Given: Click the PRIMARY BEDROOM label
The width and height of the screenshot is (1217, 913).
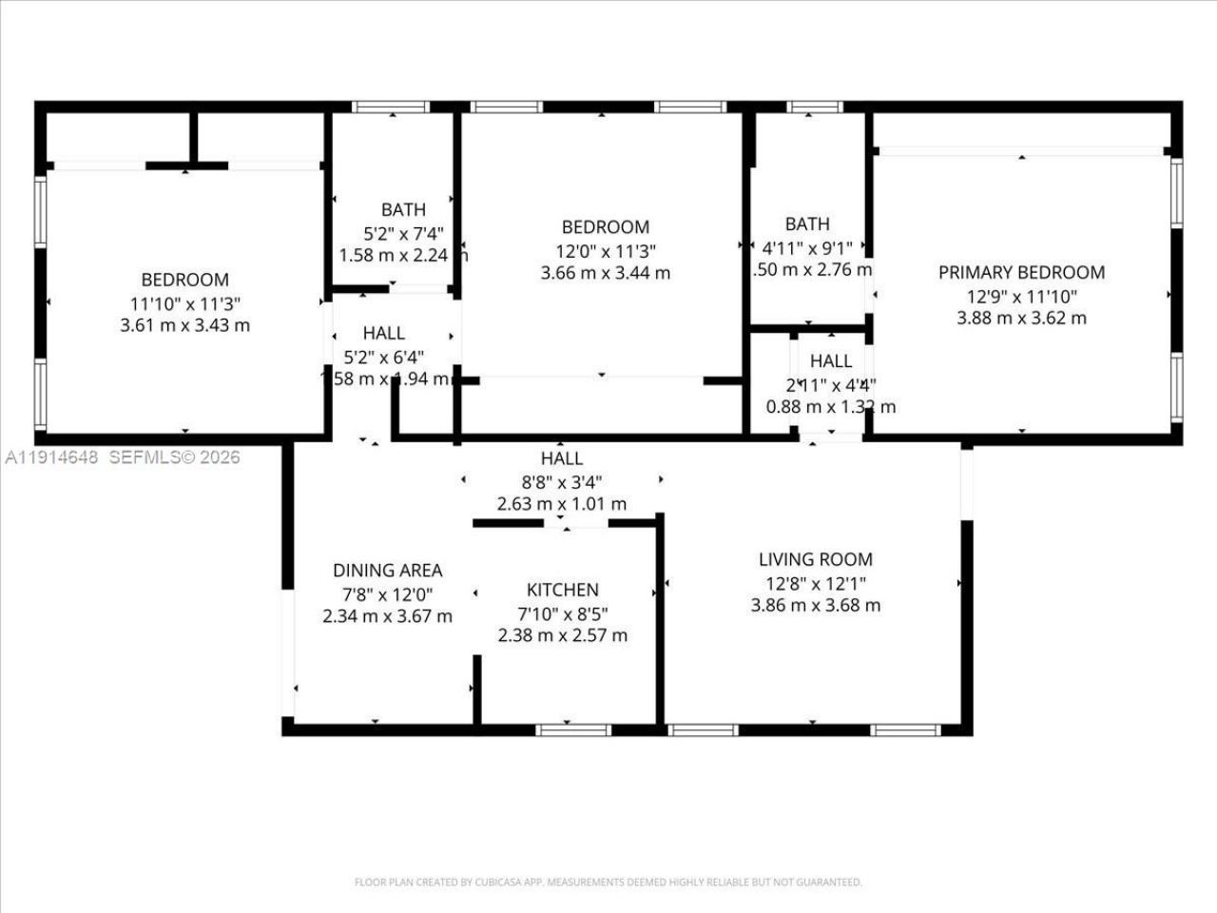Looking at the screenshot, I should point(1021,273).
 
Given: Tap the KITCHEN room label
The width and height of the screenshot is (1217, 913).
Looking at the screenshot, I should point(563,591).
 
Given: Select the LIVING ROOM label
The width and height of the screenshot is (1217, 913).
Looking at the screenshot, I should point(815,560).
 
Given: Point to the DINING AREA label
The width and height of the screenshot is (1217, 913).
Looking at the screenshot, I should point(387,571).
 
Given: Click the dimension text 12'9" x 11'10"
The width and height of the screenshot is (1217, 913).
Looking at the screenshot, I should point(1021,296).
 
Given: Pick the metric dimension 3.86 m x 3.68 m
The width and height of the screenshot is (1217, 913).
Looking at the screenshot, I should point(815,606).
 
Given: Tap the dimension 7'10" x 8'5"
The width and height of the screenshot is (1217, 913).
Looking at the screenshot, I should point(563,613).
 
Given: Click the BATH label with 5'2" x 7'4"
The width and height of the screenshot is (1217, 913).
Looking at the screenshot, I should point(403,210).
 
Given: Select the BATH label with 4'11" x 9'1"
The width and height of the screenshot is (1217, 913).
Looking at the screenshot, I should point(807,224).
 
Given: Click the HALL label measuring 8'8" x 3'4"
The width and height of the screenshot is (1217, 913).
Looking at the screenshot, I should point(562,458).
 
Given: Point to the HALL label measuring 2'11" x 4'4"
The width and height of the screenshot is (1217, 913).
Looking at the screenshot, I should point(831,361).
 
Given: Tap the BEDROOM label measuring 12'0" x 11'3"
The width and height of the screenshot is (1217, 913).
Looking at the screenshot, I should point(606,227).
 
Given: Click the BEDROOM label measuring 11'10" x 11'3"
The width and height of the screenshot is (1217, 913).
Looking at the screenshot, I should point(184,280).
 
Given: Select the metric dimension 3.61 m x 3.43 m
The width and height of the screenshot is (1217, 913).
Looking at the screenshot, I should point(184,325).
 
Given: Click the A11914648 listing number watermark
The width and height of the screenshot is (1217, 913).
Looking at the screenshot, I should point(51,457).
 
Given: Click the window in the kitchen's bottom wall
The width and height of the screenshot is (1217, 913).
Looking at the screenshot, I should point(572,730).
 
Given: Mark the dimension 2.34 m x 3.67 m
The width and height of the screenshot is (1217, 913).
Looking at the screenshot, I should point(387,616).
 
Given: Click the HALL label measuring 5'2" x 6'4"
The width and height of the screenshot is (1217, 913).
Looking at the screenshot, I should point(384,333).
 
